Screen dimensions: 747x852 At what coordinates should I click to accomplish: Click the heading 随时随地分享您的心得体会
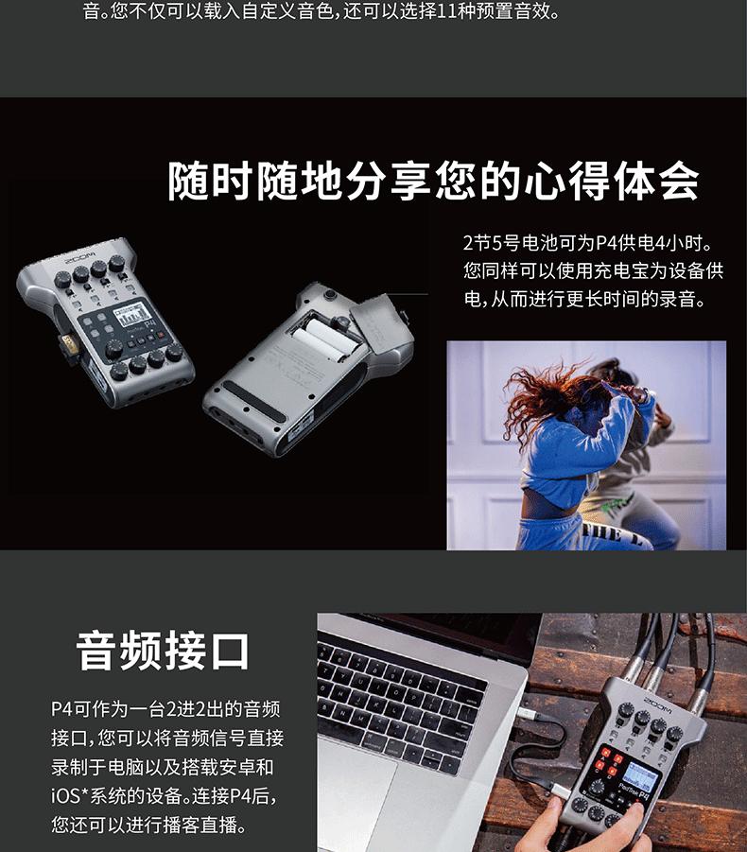432,181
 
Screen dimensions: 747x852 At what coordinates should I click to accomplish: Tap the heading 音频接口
162,651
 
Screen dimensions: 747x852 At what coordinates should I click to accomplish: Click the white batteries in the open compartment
327,339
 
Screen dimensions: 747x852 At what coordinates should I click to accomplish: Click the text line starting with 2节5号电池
587,242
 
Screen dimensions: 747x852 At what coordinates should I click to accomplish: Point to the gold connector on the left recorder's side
68,344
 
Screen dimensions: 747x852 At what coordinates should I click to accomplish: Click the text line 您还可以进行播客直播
148,825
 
